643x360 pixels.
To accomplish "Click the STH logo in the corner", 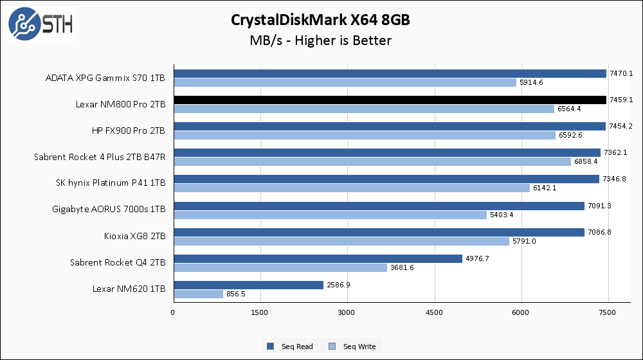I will (x=41, y=24).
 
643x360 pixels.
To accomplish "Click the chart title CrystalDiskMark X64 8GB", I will (x=320, y=20).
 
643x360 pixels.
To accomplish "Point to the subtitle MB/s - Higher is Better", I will (x=320, y=40).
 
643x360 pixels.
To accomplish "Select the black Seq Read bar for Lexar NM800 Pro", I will (x=390, y=100).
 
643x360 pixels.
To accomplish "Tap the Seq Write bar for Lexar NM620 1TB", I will (x=198, y=294).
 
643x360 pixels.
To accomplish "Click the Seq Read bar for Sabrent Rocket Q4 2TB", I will (x=318, y=258).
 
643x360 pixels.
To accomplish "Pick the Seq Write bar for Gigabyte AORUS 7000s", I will (x=330, y=215).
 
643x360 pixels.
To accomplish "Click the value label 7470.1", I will (x=621, y=74).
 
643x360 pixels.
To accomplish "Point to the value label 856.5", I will (x=236, y=294).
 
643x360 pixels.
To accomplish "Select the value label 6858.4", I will (x=586, y=162).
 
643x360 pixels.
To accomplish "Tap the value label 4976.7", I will (x=477, y=258).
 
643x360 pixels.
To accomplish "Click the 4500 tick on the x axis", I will (x=434, y=312).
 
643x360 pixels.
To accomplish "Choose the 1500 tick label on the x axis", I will (x=260, y=312).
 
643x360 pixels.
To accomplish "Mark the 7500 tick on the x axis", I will (x=608, y=312).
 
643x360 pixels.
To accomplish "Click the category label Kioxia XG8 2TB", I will (x=134, y=236).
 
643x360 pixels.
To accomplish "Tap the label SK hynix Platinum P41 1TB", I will (x=111, y=183).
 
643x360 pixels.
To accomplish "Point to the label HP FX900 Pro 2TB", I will (x=129, y=130).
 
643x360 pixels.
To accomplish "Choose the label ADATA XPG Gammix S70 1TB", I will (x=105, y=78).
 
